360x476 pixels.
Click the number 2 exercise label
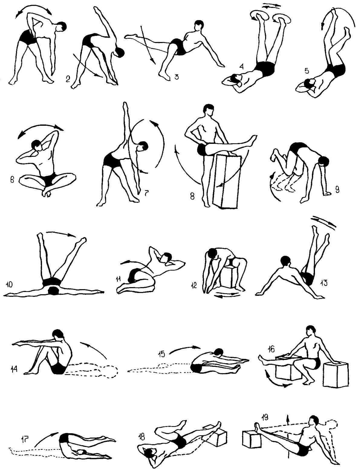68,79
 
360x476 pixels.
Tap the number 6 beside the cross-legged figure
12,180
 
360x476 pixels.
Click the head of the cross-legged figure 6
36,145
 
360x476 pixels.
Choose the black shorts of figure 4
264,69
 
